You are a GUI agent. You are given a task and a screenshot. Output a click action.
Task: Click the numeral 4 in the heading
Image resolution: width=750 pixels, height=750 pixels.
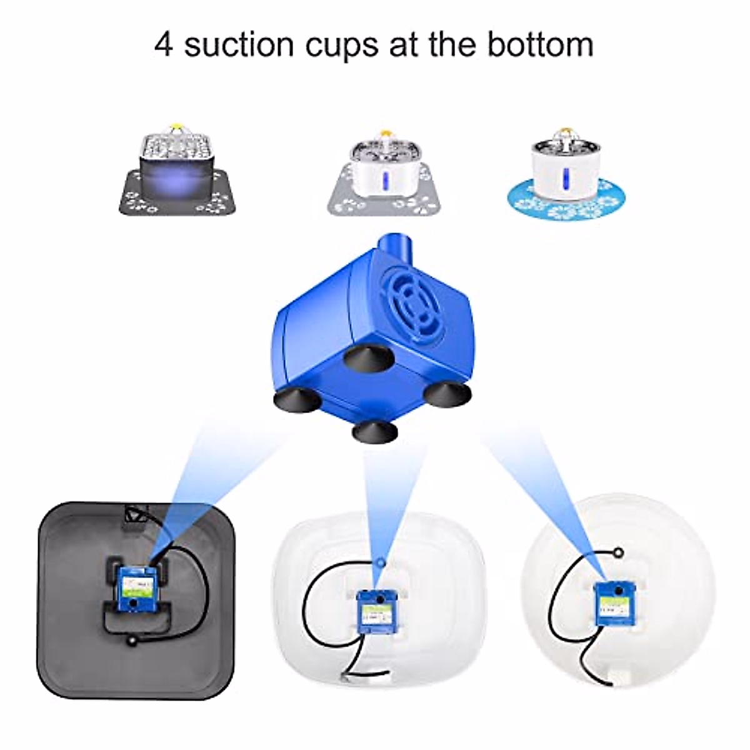164,46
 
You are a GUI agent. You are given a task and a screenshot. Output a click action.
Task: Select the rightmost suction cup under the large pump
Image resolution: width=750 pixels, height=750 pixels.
445,392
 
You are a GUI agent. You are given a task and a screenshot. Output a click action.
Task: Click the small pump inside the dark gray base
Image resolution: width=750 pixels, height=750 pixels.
133,588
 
